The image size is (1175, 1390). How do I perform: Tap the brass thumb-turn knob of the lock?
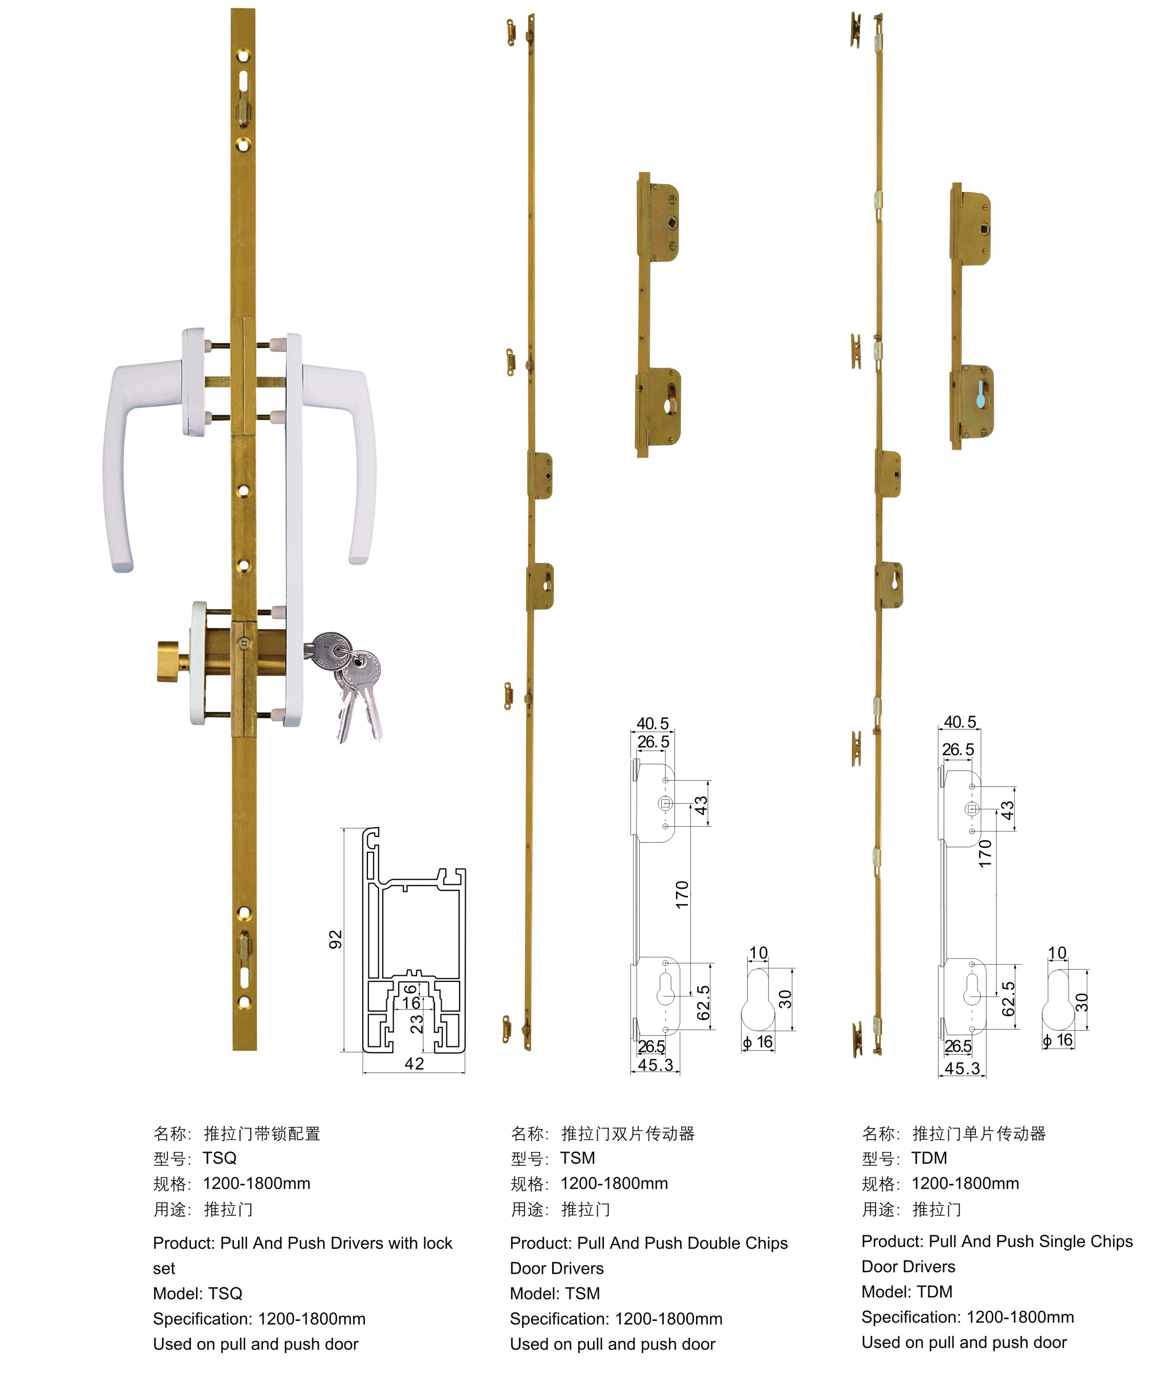(172, 661)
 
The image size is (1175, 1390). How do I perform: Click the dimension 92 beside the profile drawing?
(335, 939)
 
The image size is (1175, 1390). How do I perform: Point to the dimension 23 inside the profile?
(416, 1023)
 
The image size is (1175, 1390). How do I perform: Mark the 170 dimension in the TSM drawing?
(682, 894)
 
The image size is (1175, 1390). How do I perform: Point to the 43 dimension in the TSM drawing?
(701, 805)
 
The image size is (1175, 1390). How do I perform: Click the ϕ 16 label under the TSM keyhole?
(758, 1041)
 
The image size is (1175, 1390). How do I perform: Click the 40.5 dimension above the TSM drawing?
(652, 723)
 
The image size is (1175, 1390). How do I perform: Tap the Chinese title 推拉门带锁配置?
(262, 1134)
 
